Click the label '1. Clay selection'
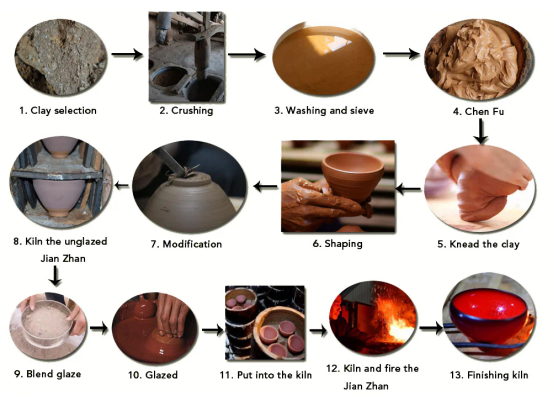[x=58, y=111]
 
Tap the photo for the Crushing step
[x=187, y=57]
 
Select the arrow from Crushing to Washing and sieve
[x=247, y=54]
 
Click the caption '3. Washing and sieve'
[x=324, y=111]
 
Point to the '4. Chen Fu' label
[x=479, y=112]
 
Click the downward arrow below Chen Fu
[x=481, y=131]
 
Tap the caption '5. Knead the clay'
[x=478, y=244]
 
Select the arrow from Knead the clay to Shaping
[x=408, y=189]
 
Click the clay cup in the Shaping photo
[x=353, y=176]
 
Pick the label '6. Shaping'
[x=337, y=243]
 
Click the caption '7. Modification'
[x=186, y=244]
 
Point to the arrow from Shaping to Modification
[x=266, y=186]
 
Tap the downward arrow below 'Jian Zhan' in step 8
[x=55, y=276]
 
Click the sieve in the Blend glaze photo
[x=47, y=323]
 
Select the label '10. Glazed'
[x=153, y=375]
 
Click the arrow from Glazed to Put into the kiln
[x=213, y=330]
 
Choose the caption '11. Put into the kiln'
[x=266, y=375]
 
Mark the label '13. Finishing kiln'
[x=489, y=375]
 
